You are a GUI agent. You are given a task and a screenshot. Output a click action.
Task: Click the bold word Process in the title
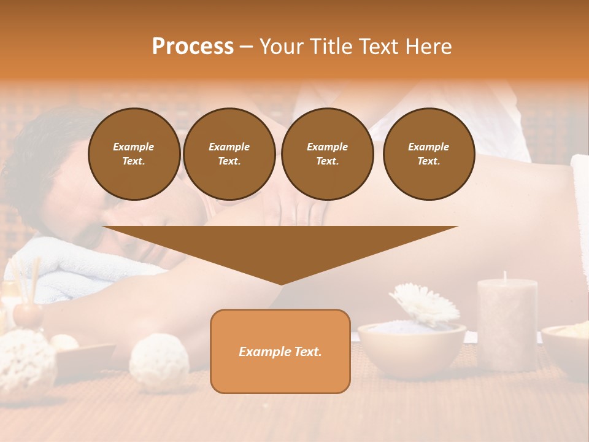click(x=193, y=47)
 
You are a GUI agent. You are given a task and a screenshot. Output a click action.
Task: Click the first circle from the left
click(x=134, y=154)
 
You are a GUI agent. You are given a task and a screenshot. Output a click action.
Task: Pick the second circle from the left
click(x=229, y=154)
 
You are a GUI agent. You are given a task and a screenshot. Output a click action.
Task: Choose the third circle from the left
click(x=327, y=154)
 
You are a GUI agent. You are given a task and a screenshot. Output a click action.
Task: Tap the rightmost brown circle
click(x=428, y=154)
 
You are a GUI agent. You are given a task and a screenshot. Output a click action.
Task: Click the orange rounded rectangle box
click(x=280, y=374)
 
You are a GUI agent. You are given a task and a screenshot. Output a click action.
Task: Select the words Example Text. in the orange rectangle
click(x=280, y=352)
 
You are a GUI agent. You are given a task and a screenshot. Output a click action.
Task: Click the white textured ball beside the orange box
click(x=159, y=362)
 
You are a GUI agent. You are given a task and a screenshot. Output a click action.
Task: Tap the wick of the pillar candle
click(x=505, y=276)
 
